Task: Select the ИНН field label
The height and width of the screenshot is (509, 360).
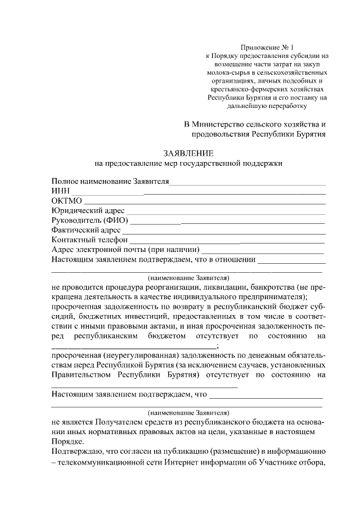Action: [60, 191]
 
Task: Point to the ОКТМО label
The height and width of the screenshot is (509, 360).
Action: [66, 201]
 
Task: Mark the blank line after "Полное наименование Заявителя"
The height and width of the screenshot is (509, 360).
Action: [247, 182]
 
